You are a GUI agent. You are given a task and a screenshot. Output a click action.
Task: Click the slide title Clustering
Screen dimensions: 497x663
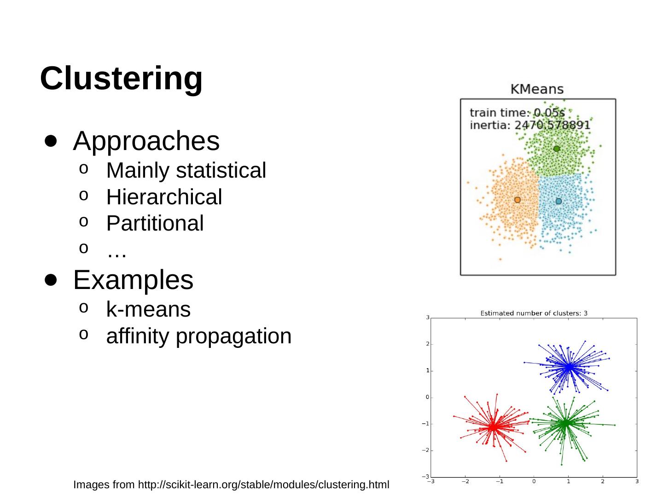pos(121,78)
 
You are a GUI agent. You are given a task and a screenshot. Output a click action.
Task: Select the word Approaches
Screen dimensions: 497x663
pos(146,141)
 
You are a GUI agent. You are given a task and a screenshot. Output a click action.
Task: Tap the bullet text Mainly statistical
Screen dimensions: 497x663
pos(186,170)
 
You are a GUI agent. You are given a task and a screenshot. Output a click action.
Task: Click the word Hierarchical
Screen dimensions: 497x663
pos(164,197)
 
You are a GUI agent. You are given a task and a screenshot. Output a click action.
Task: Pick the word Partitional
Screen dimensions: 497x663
pos(155,223)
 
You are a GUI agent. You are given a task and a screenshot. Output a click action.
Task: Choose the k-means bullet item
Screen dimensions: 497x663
pos(148,309)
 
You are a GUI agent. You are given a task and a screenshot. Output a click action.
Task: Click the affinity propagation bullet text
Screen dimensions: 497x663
pos(199,336)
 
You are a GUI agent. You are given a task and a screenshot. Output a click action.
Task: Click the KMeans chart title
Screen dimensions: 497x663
pos(537,89)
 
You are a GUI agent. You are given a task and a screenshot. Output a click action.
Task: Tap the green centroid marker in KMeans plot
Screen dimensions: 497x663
pos(557,149)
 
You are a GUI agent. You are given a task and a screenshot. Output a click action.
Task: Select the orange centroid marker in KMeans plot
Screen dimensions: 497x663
pos(518,200)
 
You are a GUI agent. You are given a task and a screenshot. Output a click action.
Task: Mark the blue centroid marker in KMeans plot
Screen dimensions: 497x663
pos(558,201)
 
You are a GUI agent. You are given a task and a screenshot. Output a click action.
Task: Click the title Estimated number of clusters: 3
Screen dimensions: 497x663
pos(534,313)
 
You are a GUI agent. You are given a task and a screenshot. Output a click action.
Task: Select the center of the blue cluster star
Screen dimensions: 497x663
pos(569,367)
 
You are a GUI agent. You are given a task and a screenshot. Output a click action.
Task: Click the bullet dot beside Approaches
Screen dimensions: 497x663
pos(51,141)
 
